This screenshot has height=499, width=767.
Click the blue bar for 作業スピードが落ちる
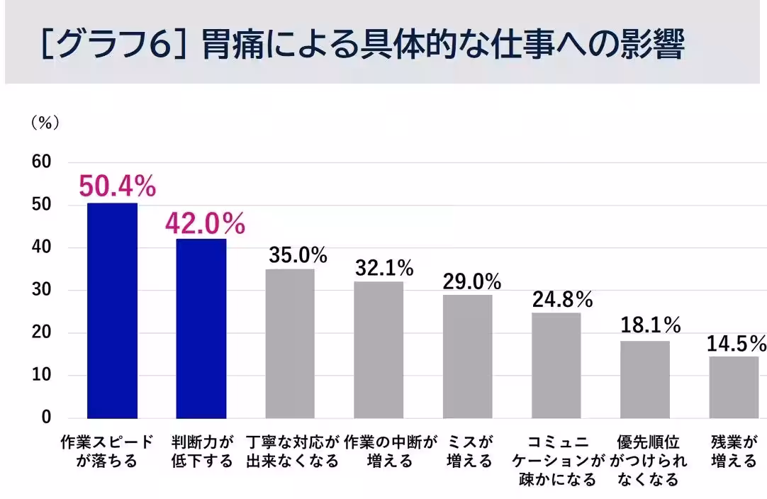coord(112,310)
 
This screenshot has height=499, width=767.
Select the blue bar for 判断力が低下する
coord(201,328)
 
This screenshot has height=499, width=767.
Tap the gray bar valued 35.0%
coord(290,343)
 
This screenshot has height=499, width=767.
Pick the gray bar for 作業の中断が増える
coord(379,349)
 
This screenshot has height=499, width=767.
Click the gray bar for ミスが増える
coord(467,356)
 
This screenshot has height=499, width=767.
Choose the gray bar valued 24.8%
coord(556,365)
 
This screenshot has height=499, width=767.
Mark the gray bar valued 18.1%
coord(644,379)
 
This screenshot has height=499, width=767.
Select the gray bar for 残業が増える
coord(734,387)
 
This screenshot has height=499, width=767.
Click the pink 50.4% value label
coord(117,186)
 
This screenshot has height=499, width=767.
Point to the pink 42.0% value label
coord(205,223)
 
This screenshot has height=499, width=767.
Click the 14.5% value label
coord(736,344)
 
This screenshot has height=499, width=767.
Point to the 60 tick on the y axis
coord(42,162)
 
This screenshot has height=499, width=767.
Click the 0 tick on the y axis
coord(46,417)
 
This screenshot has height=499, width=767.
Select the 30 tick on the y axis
coord(42,290)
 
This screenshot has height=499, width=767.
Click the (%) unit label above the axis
coord(44,123)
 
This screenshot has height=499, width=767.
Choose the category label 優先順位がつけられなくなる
coord(649,461)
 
